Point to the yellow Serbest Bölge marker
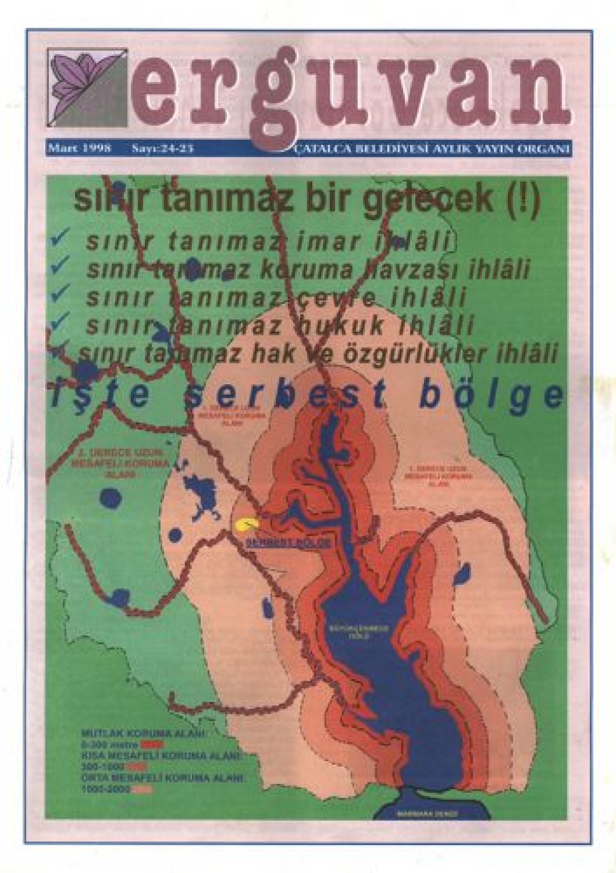point(246,525)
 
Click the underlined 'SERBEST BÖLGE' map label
point(288,543)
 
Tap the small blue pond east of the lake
point(463,573)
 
